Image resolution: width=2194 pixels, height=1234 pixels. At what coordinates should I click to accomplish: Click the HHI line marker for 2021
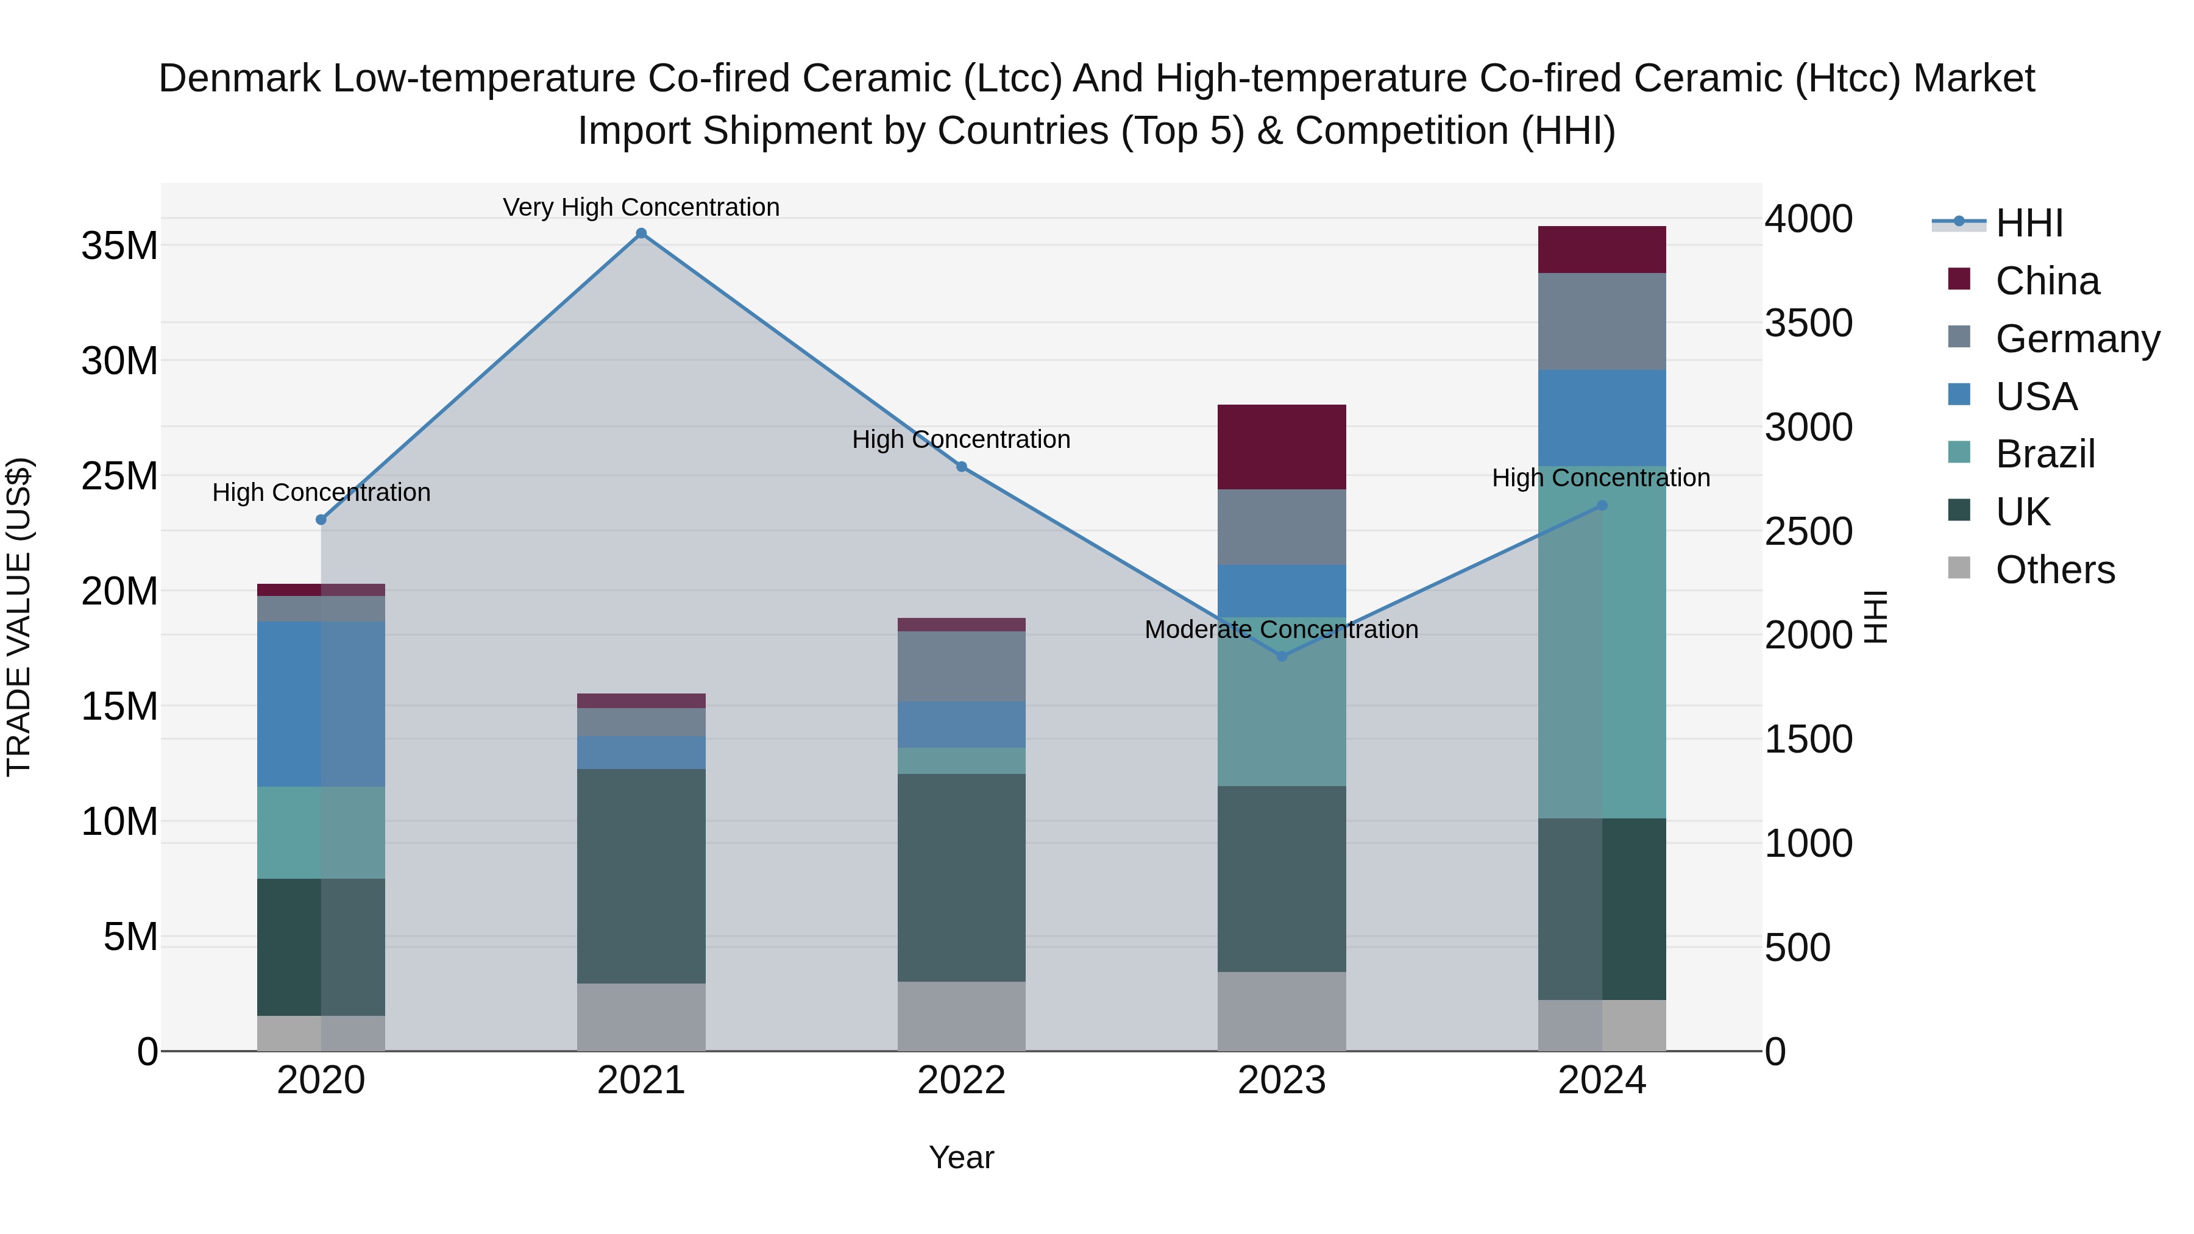click(641, 233)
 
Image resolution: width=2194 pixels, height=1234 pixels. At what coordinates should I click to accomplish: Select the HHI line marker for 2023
click(1282, 656)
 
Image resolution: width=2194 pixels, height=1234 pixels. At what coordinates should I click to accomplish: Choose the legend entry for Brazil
click(2045, 454)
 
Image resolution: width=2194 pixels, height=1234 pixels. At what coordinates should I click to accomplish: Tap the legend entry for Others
click(2054, 570)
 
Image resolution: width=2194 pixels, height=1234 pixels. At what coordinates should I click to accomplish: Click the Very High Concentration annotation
click(641, 207)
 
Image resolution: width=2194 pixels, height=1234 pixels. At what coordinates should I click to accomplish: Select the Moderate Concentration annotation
click(1281, 629)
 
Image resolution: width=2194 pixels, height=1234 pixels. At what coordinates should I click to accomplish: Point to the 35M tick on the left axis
click(119, 246)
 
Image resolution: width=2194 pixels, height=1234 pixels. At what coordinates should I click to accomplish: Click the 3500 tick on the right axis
click(1808, 323)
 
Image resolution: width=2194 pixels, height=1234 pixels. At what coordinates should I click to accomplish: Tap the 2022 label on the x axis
click(962, 1080)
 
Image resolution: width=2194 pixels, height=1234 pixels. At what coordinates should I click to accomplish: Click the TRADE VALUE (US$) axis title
click(19, 617)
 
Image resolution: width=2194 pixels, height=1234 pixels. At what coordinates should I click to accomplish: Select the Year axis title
click(962, 1157)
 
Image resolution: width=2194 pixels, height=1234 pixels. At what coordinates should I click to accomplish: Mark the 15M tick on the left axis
click(119, 706)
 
